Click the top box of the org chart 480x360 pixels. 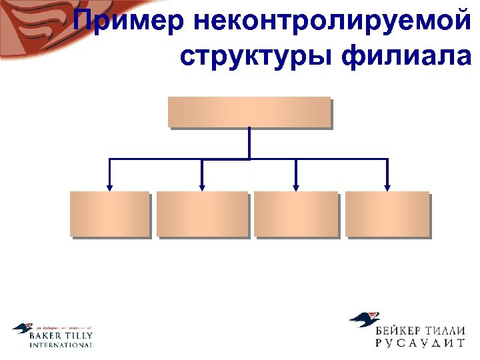pyautogui.click(x=249, y=111)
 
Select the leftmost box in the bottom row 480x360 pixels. pyautogui.click(x=109, y=213)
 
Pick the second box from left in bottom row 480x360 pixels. pyautogui.click(x=202, y=213)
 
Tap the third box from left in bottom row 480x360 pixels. pyautogui.click(x=296, y=213)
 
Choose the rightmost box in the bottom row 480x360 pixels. pyautogui.click(x=387, y=213)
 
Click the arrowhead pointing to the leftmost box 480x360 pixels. pyautogui.click(x=109, y=187)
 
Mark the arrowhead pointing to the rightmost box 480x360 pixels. pyautogui.click(x=387, y=187)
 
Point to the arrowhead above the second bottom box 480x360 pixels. pyautogui.click(x=202, y=187)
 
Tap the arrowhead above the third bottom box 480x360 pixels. pyautogui.click(x=296, y=187)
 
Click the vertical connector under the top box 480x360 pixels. pyautogui.click(x=249, y=143)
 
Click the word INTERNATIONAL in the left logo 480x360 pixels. pyautogui.click(x=61, y=345)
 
